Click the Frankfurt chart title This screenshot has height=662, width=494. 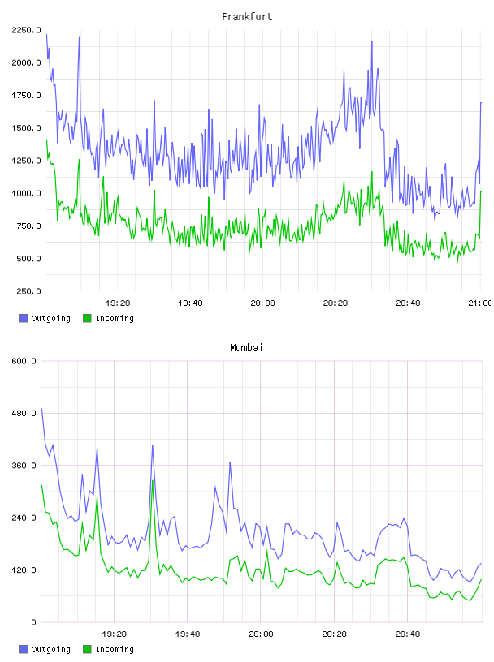point(247,17)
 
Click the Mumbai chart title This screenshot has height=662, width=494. point(246,348)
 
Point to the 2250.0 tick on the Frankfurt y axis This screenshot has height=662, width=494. point(26,30)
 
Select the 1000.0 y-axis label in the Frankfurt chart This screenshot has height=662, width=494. point(26,193)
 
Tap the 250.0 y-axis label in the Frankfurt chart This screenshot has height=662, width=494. point(28,291)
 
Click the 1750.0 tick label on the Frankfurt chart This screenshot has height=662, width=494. point(26,96)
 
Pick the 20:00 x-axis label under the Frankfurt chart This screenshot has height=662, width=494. point(262,303)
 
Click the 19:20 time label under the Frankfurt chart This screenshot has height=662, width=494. point(118,303)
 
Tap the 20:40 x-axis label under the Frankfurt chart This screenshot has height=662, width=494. point(408,303)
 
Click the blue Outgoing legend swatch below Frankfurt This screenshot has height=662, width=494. point(24,318)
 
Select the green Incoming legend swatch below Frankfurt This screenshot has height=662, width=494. point(87,318)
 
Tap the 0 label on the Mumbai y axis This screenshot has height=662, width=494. point(34,622)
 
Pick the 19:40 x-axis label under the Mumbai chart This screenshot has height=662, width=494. point(188,634)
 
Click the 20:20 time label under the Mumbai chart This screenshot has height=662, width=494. point(334,634)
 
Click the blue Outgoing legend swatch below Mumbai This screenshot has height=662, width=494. point(24,649)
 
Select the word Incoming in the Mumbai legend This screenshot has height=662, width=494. point(115,649)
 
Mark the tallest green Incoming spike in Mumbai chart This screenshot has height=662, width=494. point(152,480)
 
